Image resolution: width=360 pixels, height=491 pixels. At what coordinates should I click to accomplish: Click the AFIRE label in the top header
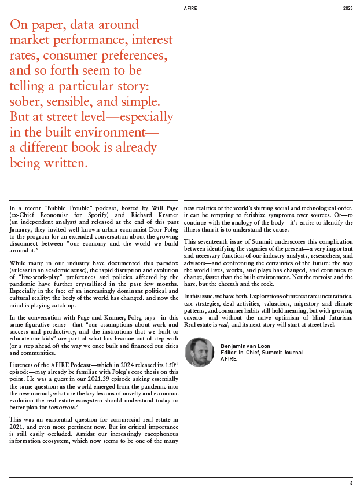click(190, 9)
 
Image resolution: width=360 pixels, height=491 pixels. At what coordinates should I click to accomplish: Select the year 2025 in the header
click(347, 9)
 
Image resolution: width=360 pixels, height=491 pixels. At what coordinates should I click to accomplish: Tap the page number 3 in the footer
click(351, 483)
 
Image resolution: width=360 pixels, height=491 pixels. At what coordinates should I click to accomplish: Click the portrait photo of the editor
click(199, 351)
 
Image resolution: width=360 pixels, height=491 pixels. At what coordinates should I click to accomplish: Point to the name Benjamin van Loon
click(243, 345)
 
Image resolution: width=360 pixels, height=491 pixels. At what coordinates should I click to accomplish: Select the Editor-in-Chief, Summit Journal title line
click(255, 352)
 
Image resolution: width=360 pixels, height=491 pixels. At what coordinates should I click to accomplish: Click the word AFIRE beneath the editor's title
click(229, 359)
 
